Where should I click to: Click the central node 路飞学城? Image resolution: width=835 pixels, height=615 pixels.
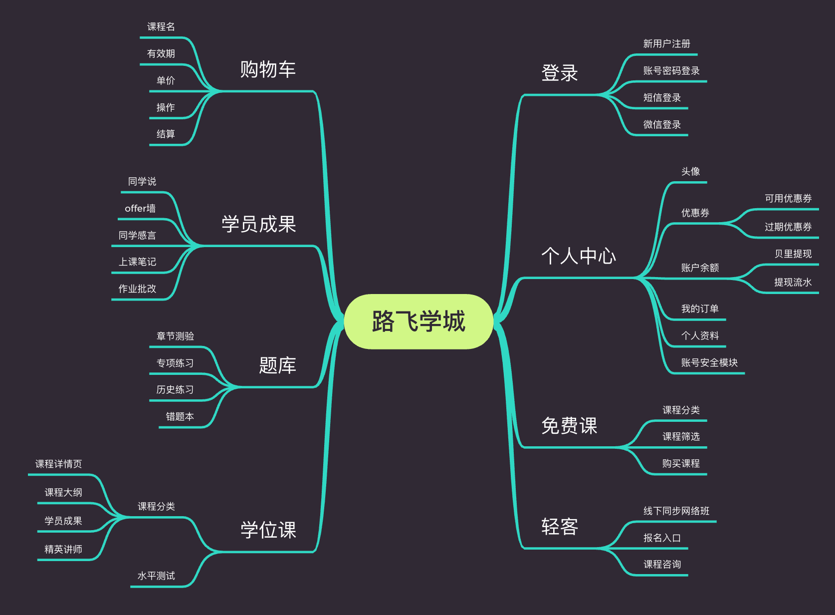coord(418,321)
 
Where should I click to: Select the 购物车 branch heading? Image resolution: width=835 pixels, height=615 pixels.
coord(268,69)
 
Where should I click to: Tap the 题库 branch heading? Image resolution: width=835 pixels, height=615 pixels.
coord(277,365)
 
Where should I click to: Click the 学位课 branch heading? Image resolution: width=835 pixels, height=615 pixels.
coord(268,530)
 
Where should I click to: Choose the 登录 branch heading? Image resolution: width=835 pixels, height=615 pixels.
coord(560,73)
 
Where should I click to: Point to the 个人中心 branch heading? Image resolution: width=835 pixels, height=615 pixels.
coord(579,256)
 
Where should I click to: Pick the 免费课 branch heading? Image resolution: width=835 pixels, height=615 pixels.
coord(569,426)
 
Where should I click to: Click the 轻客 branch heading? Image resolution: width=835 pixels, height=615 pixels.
coord(560,527)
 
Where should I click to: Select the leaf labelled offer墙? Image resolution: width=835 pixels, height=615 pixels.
coord(140,208)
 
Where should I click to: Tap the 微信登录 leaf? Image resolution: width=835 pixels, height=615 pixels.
coord(662,124)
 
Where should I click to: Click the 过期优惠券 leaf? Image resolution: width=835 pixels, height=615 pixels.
coord(788,227)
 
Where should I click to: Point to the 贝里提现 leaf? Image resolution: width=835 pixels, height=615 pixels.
coord(793,254)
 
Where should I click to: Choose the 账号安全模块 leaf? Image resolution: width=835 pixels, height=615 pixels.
coord(709,362)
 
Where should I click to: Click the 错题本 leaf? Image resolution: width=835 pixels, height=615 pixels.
coord(180,416)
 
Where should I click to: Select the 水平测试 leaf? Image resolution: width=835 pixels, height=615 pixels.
coord(156,576)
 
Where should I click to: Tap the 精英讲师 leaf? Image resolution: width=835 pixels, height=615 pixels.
coord(63,549)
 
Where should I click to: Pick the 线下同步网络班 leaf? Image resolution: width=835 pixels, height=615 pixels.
coord(676,511)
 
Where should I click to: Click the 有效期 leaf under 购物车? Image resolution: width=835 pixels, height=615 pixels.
coord(161,53)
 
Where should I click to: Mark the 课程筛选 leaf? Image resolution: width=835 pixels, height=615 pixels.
coord(681,436)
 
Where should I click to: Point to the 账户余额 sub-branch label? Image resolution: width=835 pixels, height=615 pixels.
coord(700,268)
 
